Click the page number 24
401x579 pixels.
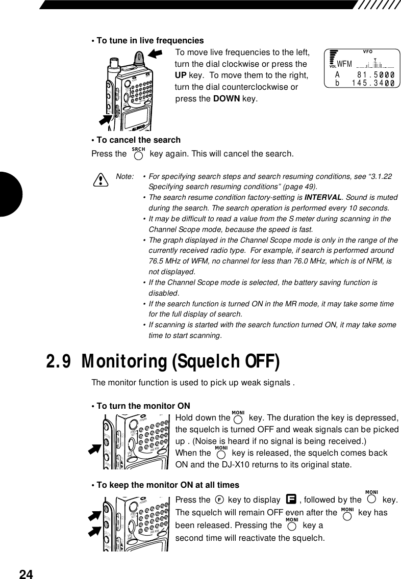pyautogui.click(x=26, y=574)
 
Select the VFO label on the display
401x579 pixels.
pyautogui.click(x=368, y=51)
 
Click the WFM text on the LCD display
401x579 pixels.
pyautogui.click(x=345, y=64)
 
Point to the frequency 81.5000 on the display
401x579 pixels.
pyautogui.click(x=378, y=74)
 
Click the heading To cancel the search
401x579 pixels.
pyautogui.click(x=138, y=140)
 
